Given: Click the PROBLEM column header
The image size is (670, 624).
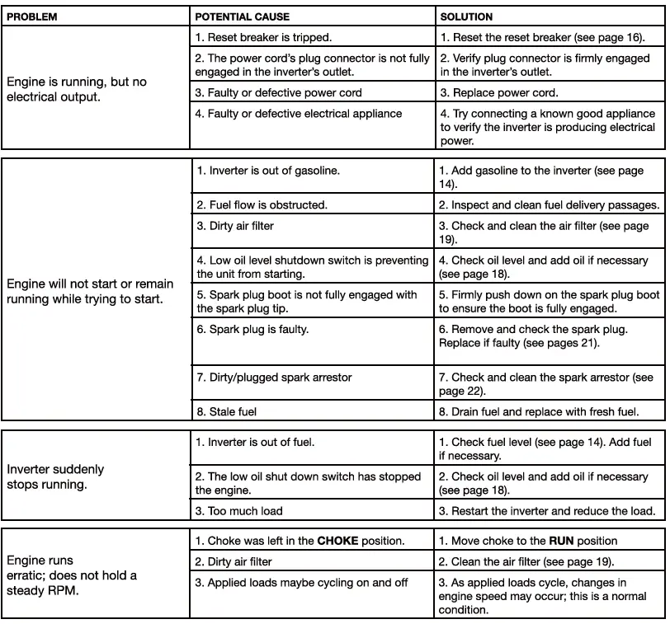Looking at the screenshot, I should point(32,16).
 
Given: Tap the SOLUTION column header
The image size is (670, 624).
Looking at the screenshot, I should point(466,16).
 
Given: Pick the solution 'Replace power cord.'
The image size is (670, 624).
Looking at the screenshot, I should point(499,93).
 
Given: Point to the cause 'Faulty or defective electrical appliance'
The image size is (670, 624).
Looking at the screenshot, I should point(299,114).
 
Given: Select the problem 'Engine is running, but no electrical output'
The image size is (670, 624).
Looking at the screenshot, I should point(77,89).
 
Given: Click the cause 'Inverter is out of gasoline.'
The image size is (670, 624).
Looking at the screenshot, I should point(268,171).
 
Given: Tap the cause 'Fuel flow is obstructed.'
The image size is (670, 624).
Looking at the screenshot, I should point(262,205).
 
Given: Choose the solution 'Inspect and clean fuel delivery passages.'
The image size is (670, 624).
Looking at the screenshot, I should point(549,205).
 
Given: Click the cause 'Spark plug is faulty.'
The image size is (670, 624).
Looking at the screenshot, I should point(252,329).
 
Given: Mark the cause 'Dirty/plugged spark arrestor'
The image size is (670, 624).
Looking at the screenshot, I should point(274,378).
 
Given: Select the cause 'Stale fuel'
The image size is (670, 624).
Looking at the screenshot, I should point(233,411).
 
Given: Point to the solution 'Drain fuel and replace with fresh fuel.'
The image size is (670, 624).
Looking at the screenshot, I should point(538,411).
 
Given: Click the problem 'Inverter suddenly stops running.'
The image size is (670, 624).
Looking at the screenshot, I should point(55,476).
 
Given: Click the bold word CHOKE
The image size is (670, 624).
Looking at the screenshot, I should point(338,542).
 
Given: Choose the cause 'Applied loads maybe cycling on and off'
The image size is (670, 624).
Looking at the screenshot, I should point(301,583).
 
